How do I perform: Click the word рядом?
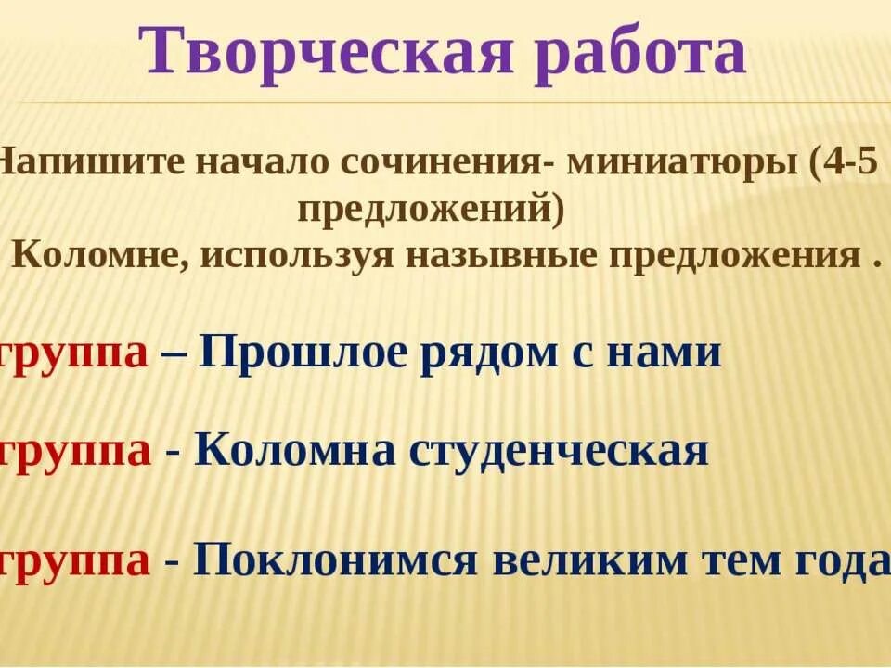tap(497, 354)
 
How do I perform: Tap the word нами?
tap(669, 354)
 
